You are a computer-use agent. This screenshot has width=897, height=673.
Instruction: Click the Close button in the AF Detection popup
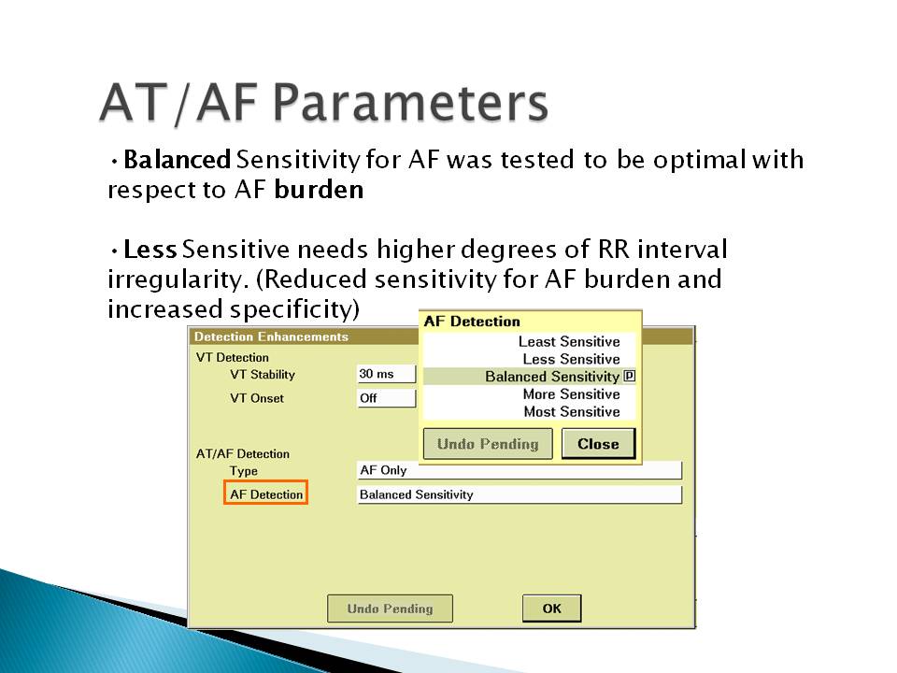point(598,443)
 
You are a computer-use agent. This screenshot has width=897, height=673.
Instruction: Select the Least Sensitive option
point(569,342)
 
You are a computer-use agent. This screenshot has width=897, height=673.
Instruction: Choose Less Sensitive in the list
point(572,359)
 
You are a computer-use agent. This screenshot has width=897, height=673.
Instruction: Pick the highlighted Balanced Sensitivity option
point(552,377)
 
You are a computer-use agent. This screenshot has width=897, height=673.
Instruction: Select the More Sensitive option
point(572,394)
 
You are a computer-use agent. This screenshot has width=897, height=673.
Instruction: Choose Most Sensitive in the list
point(572,412)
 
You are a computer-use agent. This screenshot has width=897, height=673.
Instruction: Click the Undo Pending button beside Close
point(488,443)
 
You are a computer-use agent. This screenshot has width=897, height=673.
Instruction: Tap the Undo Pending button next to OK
point(391,609)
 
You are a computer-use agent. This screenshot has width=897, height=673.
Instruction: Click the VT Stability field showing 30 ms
point(386,374)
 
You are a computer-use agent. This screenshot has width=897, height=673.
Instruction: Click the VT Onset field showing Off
point(386,398)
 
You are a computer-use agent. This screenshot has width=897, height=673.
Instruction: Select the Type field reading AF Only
point(520,470)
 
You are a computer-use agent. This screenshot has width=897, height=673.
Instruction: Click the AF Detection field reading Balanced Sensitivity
point(520,494)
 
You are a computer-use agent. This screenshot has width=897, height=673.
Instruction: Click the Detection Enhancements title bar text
point(271,336)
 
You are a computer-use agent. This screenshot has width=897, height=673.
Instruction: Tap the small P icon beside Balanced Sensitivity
point(629,376)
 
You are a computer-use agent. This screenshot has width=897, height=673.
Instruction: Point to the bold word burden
point(319,190)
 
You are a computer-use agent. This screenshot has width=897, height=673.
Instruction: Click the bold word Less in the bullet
point(149,250)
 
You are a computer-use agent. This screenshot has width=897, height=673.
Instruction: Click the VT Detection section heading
point(233,358)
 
